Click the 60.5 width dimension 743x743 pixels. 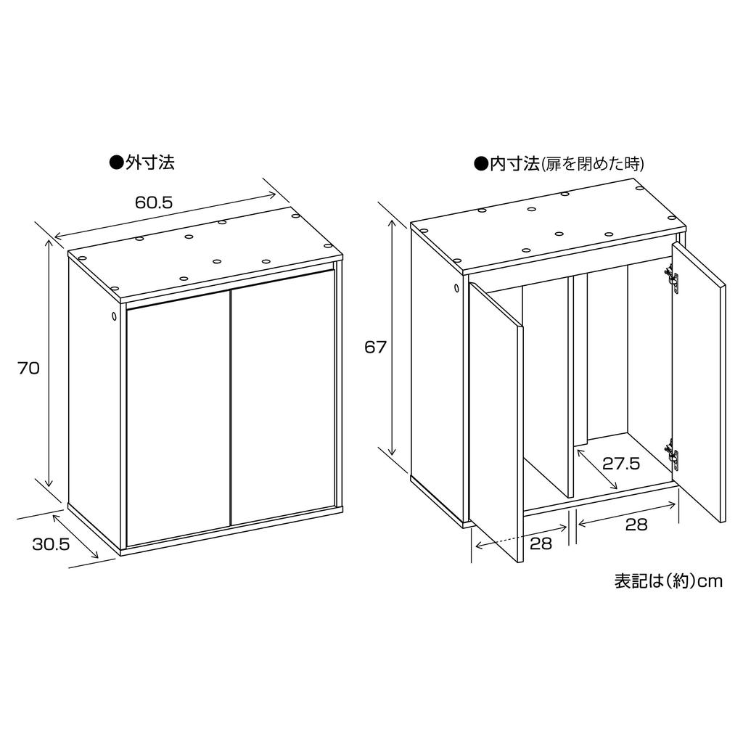pos(153,202)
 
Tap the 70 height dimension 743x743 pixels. pos(28,368)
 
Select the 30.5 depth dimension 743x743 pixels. pos(51,543)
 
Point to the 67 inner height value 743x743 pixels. pos(375,347)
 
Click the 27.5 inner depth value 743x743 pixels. pos(621,464)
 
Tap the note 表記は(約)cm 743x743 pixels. pos(668,581)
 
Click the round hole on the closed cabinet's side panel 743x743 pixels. pos(115,316)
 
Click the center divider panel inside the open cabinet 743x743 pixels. pos(571,385)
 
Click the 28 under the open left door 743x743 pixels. pos(541,543)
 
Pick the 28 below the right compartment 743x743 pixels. pos(636,525)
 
